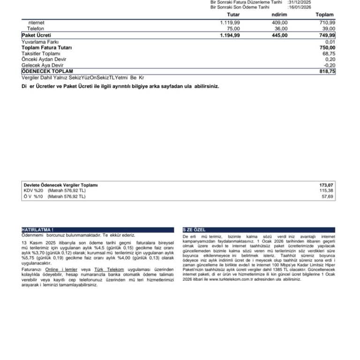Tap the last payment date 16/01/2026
pyautogui.click(x=300, y=7)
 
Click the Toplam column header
pyautogui.click(x=324, y=15)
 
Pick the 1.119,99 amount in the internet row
pyautogui.click(x=230, y=22)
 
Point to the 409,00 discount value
pyautogui.click(x=279, y=22)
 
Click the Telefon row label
pyautogui.click(x=36, y=29)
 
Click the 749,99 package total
pyautogui.click(x=326, y=35)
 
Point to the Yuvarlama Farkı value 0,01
pyautogui.click(x=330, y=42)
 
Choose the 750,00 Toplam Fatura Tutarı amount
pyautogui.click(x=327, y=47)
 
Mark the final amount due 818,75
pyautogui.click(x=326, y=71)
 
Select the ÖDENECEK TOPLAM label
pyautogui.click(x=47, y=71)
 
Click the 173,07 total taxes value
pyautogui.click(x=326, y=185)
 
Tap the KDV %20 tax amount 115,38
pyautogui.click(x=326, y=191)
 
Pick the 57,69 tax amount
pyautogui.click(x=328, y=197)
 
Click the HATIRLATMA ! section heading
pyautogui.click(x=37, y=230)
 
